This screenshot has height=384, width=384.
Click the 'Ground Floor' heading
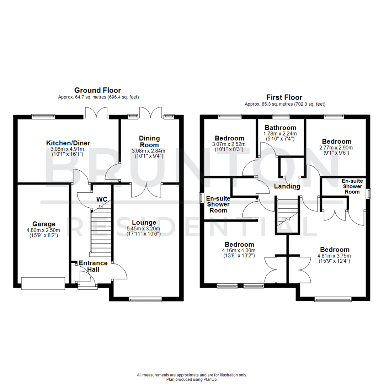coord(97,90)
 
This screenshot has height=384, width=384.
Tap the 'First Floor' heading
coord(284,97)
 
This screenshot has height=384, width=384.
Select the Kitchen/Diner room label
coord(68,143)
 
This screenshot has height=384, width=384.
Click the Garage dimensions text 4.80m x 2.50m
coord(44,230)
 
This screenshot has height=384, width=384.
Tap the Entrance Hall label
coord(93,266)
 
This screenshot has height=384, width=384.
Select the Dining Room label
coord(149,141)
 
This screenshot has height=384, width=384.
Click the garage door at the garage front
coord(43,283)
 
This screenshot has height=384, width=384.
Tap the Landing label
coord(287,186)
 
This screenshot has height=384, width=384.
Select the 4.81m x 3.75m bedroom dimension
coord(334,255)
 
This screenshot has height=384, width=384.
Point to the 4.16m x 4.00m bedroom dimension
coord(239,250)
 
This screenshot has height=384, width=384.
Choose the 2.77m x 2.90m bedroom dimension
coord(336,148)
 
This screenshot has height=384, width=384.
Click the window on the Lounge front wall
coord(145,299)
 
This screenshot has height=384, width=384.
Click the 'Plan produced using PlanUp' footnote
coord(192,379)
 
